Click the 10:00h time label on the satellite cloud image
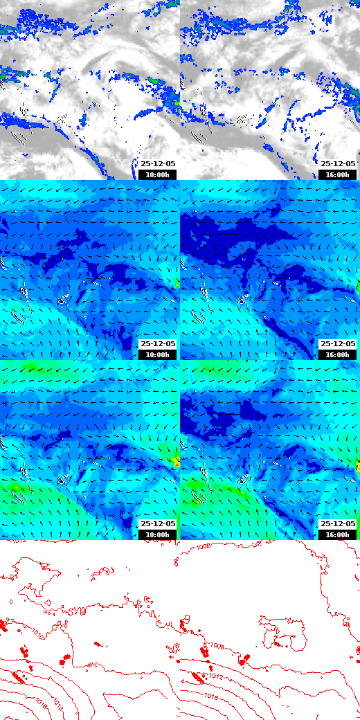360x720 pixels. [x=158, y=174]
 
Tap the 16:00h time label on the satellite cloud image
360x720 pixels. [x=338, y=174]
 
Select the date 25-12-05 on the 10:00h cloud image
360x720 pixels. [x=158, y=164]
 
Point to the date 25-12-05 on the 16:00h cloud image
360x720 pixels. [x=338, y=164]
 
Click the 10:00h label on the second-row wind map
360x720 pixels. [x=158, y=354]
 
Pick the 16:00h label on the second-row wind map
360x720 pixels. [x=338, y=354]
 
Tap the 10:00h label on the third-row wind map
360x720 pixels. [x=158, y=534]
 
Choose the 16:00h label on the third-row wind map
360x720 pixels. [x=338, y=534]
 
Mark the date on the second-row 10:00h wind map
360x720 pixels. [x=158, y=344]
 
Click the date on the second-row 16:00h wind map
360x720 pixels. [x=338, y=344]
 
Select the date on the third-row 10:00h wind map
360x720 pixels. [x=158, y=524]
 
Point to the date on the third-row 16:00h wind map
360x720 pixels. [x=338, y=524]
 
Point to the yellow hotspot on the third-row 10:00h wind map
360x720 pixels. [x=173, y=460]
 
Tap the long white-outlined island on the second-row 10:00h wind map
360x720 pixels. [x=19, y=317]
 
